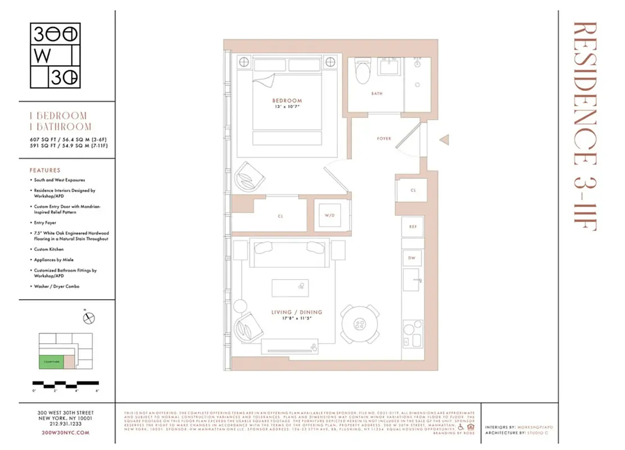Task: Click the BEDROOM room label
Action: pyautogui.click(x=287, y=101)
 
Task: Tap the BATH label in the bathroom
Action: pyautogui.click(x=377, y=94)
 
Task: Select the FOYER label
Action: pyautogui.click(x=383, y=138)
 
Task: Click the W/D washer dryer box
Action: pyautogui.click(x=329, y=215)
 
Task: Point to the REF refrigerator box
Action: pyautogui.click(x=412, y=227)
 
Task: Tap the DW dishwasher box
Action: pyautogui.click(x=412, y=257)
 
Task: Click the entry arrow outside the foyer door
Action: pyautogui.click(x=444, y=139)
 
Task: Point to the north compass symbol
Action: pyautogui.click(x=88, y=318)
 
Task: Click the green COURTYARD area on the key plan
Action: pyautogui.click(x=50, y=362)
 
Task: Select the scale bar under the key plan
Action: pyautogui.click(x=66, y=385)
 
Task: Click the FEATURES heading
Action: pyautogui.click(x=45, y=170)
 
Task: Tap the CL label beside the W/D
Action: pyautogui.click(x=280, y=215)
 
